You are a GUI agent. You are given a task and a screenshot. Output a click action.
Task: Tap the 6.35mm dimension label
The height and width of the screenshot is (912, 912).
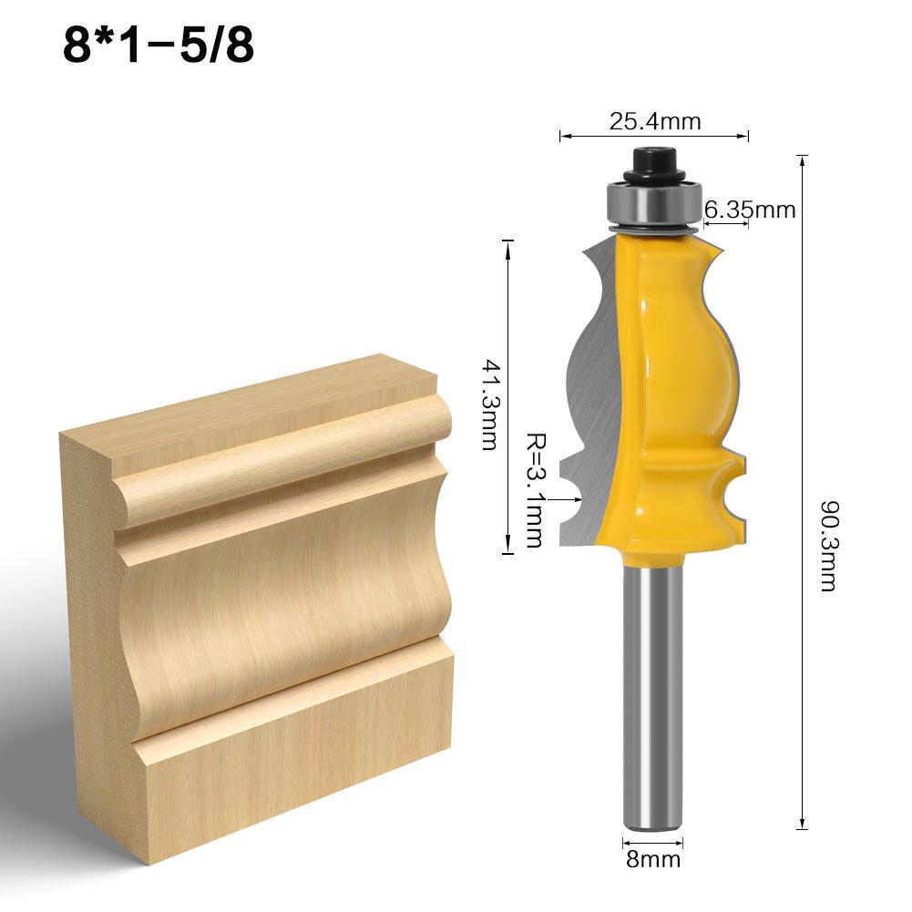(750, 210)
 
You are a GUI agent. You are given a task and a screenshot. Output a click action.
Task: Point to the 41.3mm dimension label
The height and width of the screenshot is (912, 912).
(489, 403)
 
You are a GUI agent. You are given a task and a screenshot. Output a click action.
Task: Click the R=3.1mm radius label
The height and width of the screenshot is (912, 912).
(534, 489)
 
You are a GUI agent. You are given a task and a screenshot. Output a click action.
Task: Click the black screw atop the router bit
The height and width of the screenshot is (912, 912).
(652, 164)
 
